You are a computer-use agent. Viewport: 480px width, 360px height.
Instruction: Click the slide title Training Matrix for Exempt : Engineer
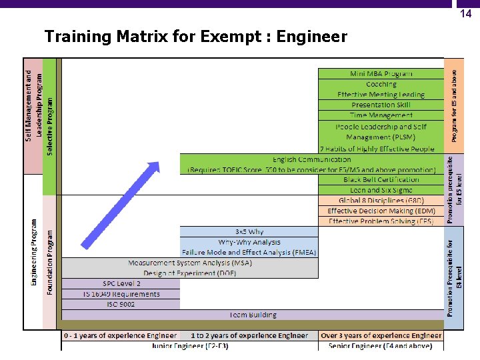click(195, 37)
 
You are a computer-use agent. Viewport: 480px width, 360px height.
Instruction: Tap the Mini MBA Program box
click(381, 73)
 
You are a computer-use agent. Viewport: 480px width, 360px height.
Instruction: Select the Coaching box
click(381, 84)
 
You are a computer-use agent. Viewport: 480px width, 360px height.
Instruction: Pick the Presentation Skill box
click(381, 105)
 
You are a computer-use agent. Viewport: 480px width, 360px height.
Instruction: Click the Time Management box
click(381, 115)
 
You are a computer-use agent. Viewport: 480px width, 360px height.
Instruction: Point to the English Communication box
click(311, 165)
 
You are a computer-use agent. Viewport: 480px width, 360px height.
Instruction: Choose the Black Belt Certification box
click(381, 180)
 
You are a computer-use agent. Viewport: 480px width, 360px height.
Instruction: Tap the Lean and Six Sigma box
click(381, 190)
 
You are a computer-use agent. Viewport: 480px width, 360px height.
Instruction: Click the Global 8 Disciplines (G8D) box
click(381, 201)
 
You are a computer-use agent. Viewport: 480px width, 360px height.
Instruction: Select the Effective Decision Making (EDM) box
click(381, 211)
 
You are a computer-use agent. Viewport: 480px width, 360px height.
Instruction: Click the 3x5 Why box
click(249, 232)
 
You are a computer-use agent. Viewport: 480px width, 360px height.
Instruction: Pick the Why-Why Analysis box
click(249, 242)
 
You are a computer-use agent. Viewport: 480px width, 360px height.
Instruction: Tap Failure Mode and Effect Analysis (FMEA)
click(249, 252)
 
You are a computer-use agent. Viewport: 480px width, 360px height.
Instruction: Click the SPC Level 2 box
click(121, 283)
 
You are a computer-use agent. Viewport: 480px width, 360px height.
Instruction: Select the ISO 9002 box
click(121, 304)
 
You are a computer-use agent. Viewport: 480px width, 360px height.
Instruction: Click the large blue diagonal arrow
click(120, 203)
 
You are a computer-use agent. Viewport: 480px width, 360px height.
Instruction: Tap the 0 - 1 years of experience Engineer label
click(121, 336)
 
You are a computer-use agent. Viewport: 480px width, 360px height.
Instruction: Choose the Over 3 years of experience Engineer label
click(381, 336)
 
